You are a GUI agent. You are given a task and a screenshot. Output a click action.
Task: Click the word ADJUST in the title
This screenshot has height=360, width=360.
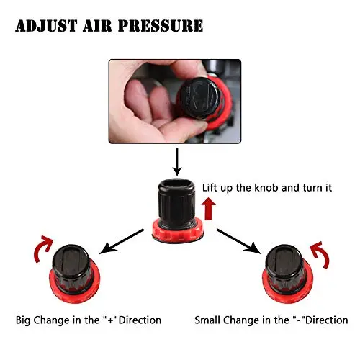[x=46, y=26]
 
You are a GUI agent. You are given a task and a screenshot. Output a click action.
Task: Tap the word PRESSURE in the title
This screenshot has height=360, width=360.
[x=161, y=26]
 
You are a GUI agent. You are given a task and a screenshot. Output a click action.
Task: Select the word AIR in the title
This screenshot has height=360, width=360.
[x=97, y=26]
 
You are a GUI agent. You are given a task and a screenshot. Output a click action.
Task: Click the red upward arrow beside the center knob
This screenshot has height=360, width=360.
[x=209, y=209]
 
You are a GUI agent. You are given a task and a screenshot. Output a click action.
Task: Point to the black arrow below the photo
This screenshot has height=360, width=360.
[x=177, y=161]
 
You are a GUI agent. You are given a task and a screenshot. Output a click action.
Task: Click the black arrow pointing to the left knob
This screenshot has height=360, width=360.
[x=122, y=241]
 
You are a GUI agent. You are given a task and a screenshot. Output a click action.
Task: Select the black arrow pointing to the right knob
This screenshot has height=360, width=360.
[x=239, y=241]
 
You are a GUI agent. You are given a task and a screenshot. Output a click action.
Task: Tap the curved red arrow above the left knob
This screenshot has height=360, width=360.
[x=42, y=248]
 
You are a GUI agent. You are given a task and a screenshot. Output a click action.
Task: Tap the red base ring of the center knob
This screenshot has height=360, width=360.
[x=178, y=233]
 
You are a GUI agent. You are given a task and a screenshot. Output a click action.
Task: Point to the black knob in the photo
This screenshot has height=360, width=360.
[x=200, y=97]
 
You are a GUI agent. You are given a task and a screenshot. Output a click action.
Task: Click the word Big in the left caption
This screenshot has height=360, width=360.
[x=23, y=320]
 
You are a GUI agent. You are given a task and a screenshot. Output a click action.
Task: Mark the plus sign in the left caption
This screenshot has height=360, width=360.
[x=111, y=320]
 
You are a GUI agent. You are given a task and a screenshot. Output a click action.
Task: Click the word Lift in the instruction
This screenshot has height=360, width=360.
[x=210, y=188]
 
